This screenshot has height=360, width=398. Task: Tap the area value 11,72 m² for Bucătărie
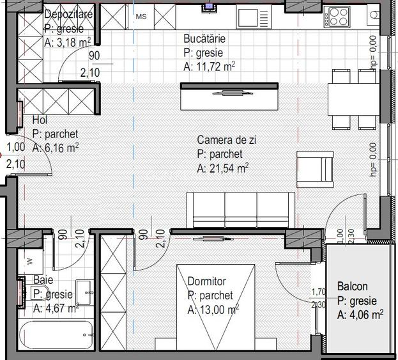[x=205, y=66]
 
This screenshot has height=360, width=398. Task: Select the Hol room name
[x=40, y=120]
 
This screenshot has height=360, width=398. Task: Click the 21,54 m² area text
[x=223, y=169]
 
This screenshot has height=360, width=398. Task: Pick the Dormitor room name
[x=207, y=281]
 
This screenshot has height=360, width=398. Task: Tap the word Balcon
[x=352, y=287]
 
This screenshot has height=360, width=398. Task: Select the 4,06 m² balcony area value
[x=360, y=314]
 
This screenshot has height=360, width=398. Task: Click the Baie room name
[x=43, y=281]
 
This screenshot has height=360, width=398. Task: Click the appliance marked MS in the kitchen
[x=141, y=17]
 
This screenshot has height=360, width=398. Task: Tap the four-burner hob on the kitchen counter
[x=337, y=15]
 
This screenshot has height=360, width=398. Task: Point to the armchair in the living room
[x=315, y=169]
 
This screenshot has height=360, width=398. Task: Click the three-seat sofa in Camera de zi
[x=240, y=209]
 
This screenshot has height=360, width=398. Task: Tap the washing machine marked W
[x=30, y=261]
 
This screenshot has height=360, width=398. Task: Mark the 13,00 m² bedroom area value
[x=213, y=310]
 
